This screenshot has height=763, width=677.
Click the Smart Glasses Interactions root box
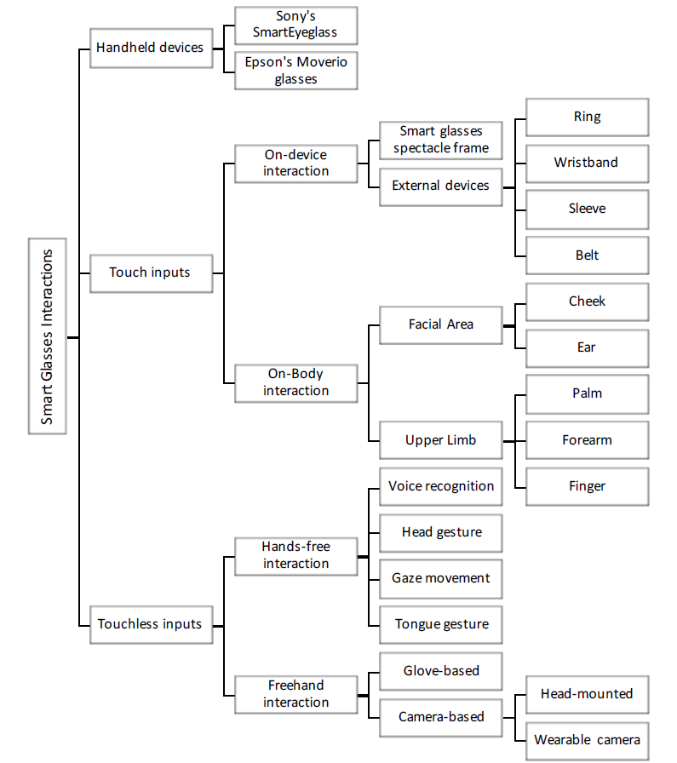47,336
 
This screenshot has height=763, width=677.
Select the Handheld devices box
152,49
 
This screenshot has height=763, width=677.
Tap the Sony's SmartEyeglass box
295,26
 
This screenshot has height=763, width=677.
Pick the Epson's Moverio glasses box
295,71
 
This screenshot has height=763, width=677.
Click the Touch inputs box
152,273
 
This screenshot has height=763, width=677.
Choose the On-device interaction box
295,163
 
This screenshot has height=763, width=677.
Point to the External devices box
441,187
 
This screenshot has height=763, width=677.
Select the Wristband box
587,163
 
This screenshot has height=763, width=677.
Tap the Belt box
587,256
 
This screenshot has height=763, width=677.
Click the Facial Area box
441,325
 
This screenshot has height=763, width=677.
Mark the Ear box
587,348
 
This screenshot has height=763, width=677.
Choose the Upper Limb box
441,440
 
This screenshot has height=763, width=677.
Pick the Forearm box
587,440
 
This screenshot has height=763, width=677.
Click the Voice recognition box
441,486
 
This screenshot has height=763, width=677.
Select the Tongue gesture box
441,625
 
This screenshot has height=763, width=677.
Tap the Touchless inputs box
152,625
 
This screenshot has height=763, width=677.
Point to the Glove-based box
441,672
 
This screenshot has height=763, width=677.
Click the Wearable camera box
587,741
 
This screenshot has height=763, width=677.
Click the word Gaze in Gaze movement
406,578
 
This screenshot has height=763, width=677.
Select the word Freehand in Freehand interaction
295,686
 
